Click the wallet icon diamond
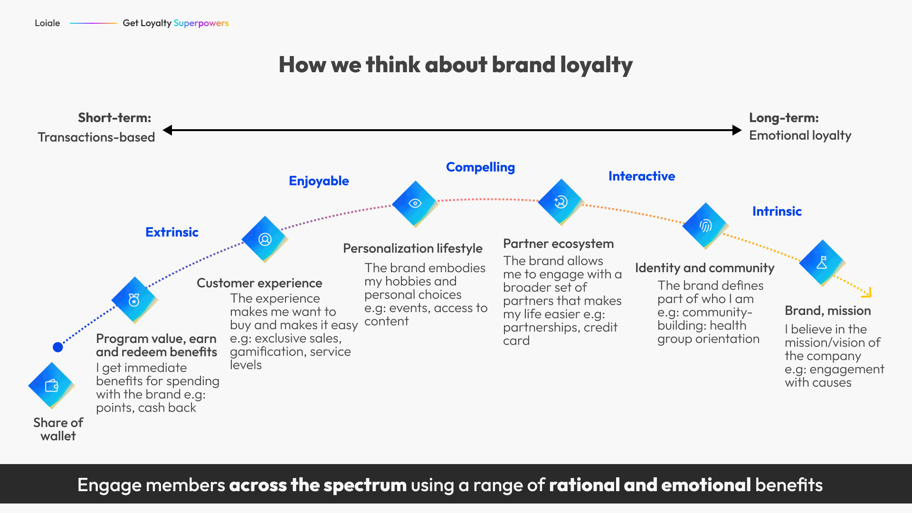[51, 385]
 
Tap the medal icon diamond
[134, 300]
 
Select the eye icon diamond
[415, 203]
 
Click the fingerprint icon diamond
[705, 226]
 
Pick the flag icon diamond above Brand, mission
[822, 263]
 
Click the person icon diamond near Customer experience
[265, 239]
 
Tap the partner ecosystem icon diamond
[561, 202]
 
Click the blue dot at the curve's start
[58, 347]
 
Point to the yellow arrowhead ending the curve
[867, 293]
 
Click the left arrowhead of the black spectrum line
[167, 130]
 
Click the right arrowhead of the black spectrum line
[737, 130]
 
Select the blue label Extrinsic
[172, 232]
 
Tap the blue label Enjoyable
[319, 181]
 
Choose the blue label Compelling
[480, 167]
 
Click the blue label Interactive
[642, 176]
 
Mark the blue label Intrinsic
[777, 211]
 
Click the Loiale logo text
[47, 23]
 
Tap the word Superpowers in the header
[201, 23]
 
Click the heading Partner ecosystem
[559, 244]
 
